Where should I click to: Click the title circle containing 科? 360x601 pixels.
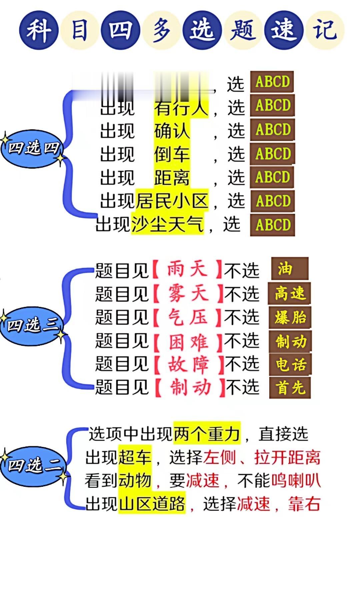coord(39,30)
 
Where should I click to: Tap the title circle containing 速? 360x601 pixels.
coord(284,30)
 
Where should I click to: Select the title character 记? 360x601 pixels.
coord(324,30)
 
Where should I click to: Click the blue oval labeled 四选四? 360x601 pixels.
coord(33,148)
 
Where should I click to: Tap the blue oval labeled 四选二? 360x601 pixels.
coord(33,465)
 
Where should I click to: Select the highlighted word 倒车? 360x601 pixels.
coord(172,154)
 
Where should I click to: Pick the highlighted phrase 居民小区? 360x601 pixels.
coord(172,201)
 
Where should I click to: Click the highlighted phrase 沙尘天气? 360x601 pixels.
coord(167,224)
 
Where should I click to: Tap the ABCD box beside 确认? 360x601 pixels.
coord(273,130)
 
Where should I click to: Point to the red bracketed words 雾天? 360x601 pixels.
coord(188,294)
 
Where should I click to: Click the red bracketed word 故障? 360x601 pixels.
coord(189,364)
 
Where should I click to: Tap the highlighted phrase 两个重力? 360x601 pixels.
coord(207,434)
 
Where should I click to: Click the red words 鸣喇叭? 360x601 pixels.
coord(296,480)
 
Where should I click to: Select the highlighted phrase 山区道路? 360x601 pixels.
coord(152,504)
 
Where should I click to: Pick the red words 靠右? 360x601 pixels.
coord(304,504)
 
